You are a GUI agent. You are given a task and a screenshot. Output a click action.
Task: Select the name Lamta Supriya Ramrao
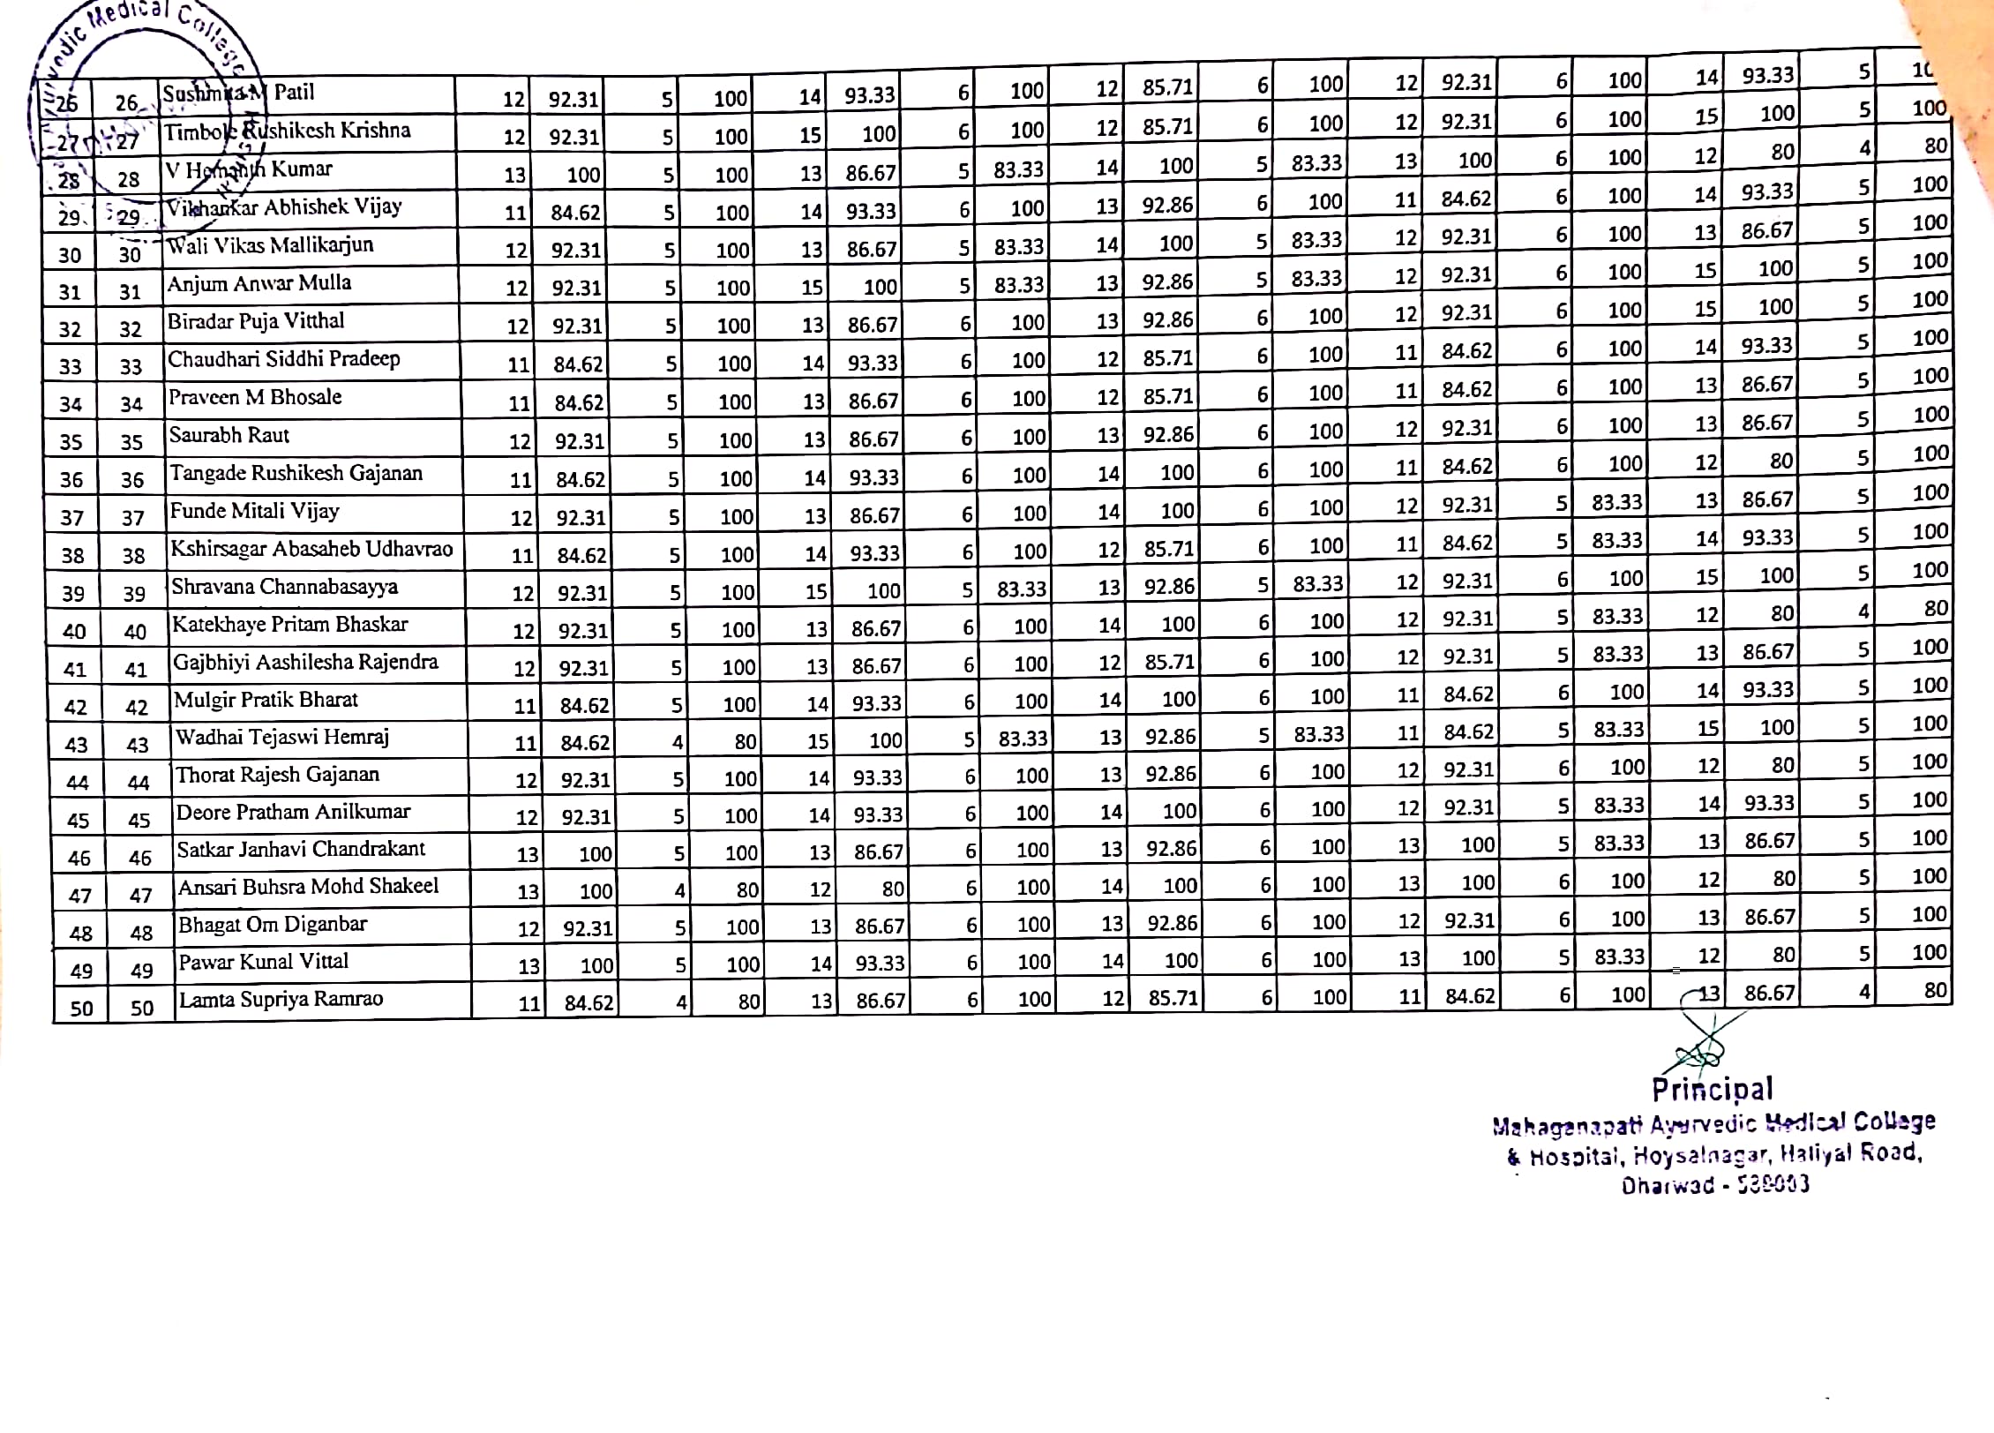(x=281, y=1000)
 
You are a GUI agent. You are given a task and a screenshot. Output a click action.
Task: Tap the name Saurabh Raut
(x=229, y=436)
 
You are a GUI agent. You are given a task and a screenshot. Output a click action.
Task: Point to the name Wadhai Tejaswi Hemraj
(x=282, y=738)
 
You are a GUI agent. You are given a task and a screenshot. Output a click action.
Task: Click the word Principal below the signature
(x=1712, y=1090)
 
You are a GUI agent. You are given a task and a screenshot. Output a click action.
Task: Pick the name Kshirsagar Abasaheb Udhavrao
(x=311, y=550)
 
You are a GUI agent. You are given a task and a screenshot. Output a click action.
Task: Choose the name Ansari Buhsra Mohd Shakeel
(x=308, y=887)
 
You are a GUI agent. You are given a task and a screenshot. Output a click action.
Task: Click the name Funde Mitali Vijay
(x=254, y=512)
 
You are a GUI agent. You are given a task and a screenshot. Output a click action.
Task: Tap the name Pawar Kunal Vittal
(x=264, y=962)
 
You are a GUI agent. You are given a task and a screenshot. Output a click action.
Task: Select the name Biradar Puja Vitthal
(x=256, y=321)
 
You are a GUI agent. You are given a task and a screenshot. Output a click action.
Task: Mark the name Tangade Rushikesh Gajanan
(x=296, y=474)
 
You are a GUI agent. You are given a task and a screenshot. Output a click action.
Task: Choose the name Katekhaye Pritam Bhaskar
(x=290, y=626)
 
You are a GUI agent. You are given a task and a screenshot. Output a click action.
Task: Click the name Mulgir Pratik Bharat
(x=266, y=701)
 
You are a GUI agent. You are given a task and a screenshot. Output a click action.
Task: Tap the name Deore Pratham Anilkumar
(x=293, y=813)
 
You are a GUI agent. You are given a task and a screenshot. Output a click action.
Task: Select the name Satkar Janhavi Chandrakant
(x=301, y=850)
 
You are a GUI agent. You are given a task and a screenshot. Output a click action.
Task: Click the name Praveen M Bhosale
(x=255, y=398)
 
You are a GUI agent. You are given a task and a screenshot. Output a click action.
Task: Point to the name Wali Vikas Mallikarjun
(x=271, y=246)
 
